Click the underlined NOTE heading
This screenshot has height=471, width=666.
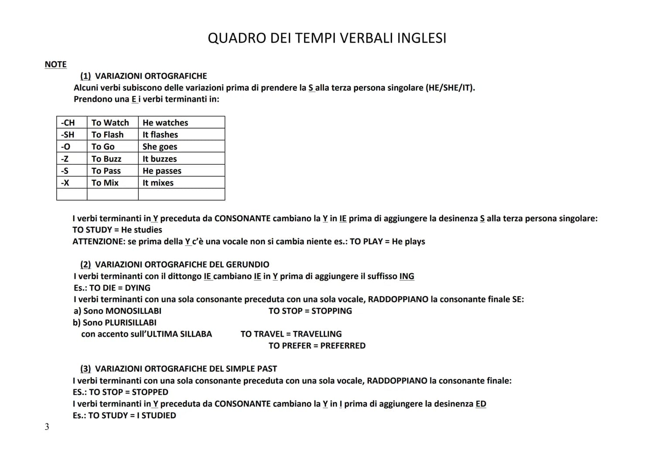click(x=55, y=65)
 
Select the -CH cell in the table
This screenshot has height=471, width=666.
click(x=68, y=123)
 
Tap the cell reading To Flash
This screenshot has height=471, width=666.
click(x=107, y=135)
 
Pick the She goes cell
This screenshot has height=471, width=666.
click(x=160, y=147)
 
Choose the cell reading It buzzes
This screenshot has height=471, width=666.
click(x=160, y=159)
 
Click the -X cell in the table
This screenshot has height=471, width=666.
click(x=65, y=183)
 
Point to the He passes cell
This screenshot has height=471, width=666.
click(x=162, y=171)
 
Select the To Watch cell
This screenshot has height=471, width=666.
click(x=110, y=123)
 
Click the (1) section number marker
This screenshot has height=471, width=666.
click(x=85, y=76)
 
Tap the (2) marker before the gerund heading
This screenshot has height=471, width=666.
click(x=85, y=265)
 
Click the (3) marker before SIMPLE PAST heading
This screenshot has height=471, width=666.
click(x=85, y=369)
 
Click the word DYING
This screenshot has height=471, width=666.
click(x=137, y=288)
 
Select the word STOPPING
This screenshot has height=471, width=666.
click(x=331, y=311)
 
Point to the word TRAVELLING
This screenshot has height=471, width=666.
click(x=317, y=334)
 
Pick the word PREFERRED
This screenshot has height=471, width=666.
click(x=343, y=346)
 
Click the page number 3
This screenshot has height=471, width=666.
click(x=47, y=427)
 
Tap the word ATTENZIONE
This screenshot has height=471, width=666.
click(x=98, y=242)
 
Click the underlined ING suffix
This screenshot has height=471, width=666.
click(x=406, y=276)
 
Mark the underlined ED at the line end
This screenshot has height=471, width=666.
click(x=481, y=404)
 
